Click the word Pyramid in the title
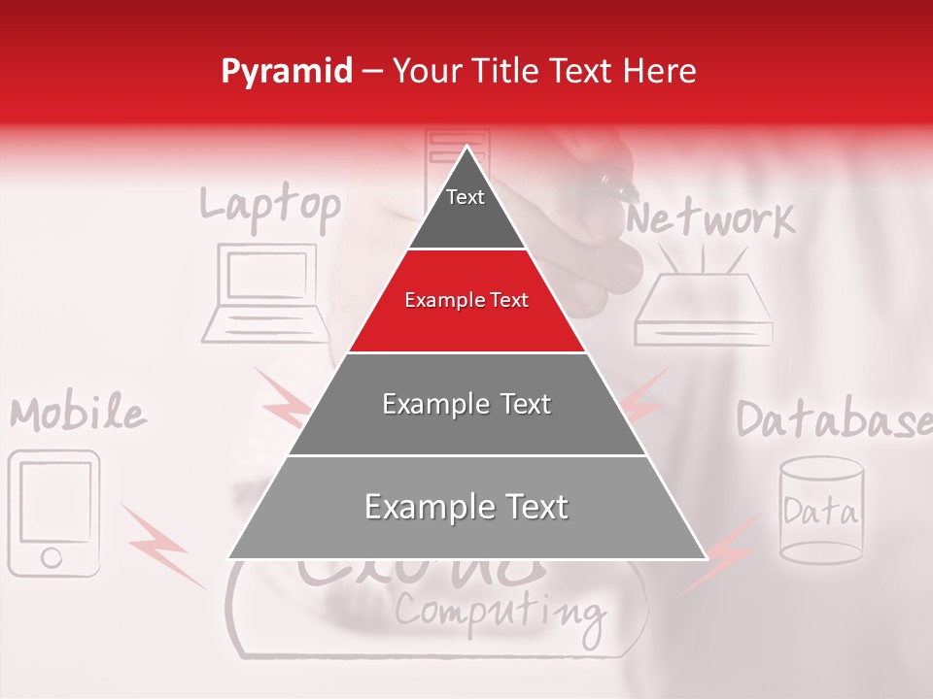coord(287,72)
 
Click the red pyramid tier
coord(466,301)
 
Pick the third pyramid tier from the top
coord(466,405)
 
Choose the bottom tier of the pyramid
coord(466,508)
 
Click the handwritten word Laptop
coord(269,207)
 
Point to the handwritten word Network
coord(710,220)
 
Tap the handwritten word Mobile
coord(79,415)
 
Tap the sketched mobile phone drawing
coord(54,513)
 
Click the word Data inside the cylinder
coord(821,511)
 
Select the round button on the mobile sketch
coord(52,557)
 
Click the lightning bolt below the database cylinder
coord(721,553)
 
